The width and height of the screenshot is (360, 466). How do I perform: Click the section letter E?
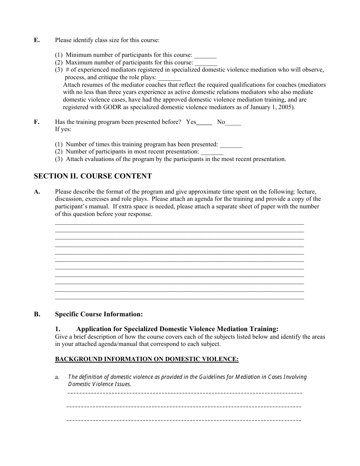click(x=37, y=40)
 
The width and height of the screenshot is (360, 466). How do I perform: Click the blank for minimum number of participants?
click(x=205, y=56)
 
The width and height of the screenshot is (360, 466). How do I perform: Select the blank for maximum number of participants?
click(x=206, y=63)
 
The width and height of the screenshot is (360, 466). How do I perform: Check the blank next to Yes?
click(x=205, y=123)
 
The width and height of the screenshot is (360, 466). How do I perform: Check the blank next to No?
click(x=233, y=123)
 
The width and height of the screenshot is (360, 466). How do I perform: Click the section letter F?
click(x=37, y=122)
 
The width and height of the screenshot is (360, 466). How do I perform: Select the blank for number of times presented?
click(x=231, y=145)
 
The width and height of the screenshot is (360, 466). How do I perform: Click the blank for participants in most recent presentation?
click(x=212, y=152)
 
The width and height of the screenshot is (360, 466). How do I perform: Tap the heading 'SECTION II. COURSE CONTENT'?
click(x=93, y=176)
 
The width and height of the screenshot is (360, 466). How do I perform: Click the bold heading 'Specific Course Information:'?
click(x=99, y=314)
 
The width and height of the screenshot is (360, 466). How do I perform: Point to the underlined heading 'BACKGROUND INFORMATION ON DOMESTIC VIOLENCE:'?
click(x=147, y=359)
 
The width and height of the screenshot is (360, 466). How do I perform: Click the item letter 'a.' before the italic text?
click(x=57, y=377)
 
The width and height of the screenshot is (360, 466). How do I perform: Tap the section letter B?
click(x=37, y=314)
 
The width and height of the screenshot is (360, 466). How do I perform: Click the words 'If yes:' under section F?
click(x=63, y=129)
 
